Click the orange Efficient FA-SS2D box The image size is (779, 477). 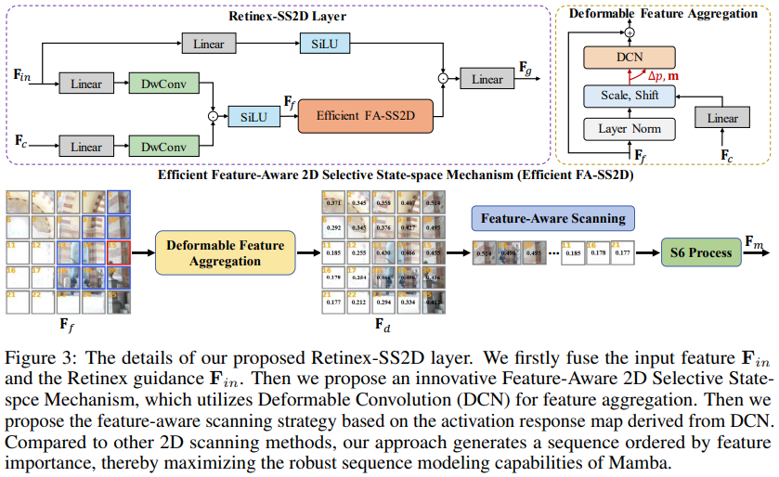coord(365,117)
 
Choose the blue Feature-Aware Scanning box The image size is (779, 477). coord(552,219)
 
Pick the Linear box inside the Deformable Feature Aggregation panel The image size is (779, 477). coord(722,118)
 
